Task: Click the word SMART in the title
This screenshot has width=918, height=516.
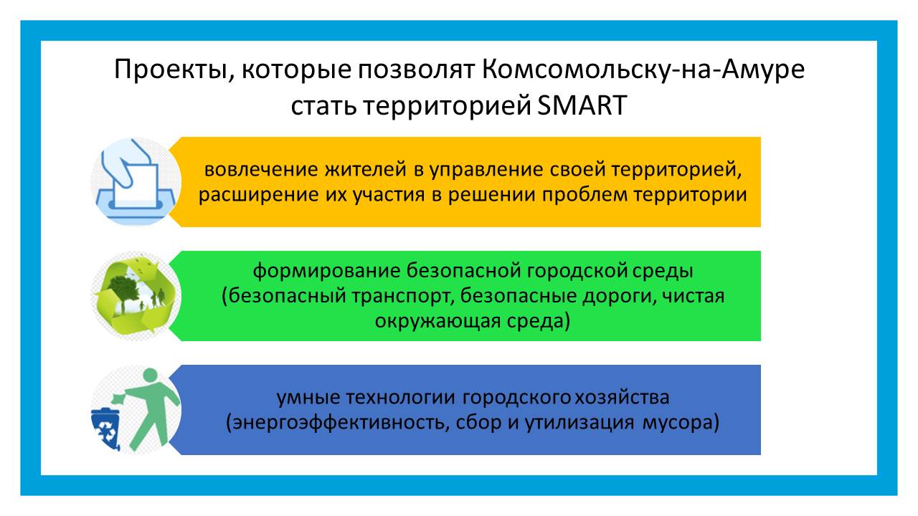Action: click(x=582, y=105)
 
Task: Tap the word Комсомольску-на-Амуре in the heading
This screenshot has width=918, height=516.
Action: click(x=643, y=70)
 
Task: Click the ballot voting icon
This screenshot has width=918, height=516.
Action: click(x=136, y=181)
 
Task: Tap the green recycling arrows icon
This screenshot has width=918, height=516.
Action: click(x=136, y=296)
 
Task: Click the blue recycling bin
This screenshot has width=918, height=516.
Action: click(x=105, y=429)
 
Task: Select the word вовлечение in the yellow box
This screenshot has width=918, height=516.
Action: click(x=261, y=169)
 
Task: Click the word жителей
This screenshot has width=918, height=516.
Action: click(x=366, y=169)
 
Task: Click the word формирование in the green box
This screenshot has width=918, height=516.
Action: click(x=326, y=271)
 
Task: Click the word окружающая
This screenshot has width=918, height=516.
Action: click(x=437, y=321)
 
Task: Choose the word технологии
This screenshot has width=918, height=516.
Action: click(x=400, y=398)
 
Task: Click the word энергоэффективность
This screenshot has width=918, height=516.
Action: click(x=335, y=423)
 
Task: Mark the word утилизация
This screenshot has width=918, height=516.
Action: click(x=579, y=423)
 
